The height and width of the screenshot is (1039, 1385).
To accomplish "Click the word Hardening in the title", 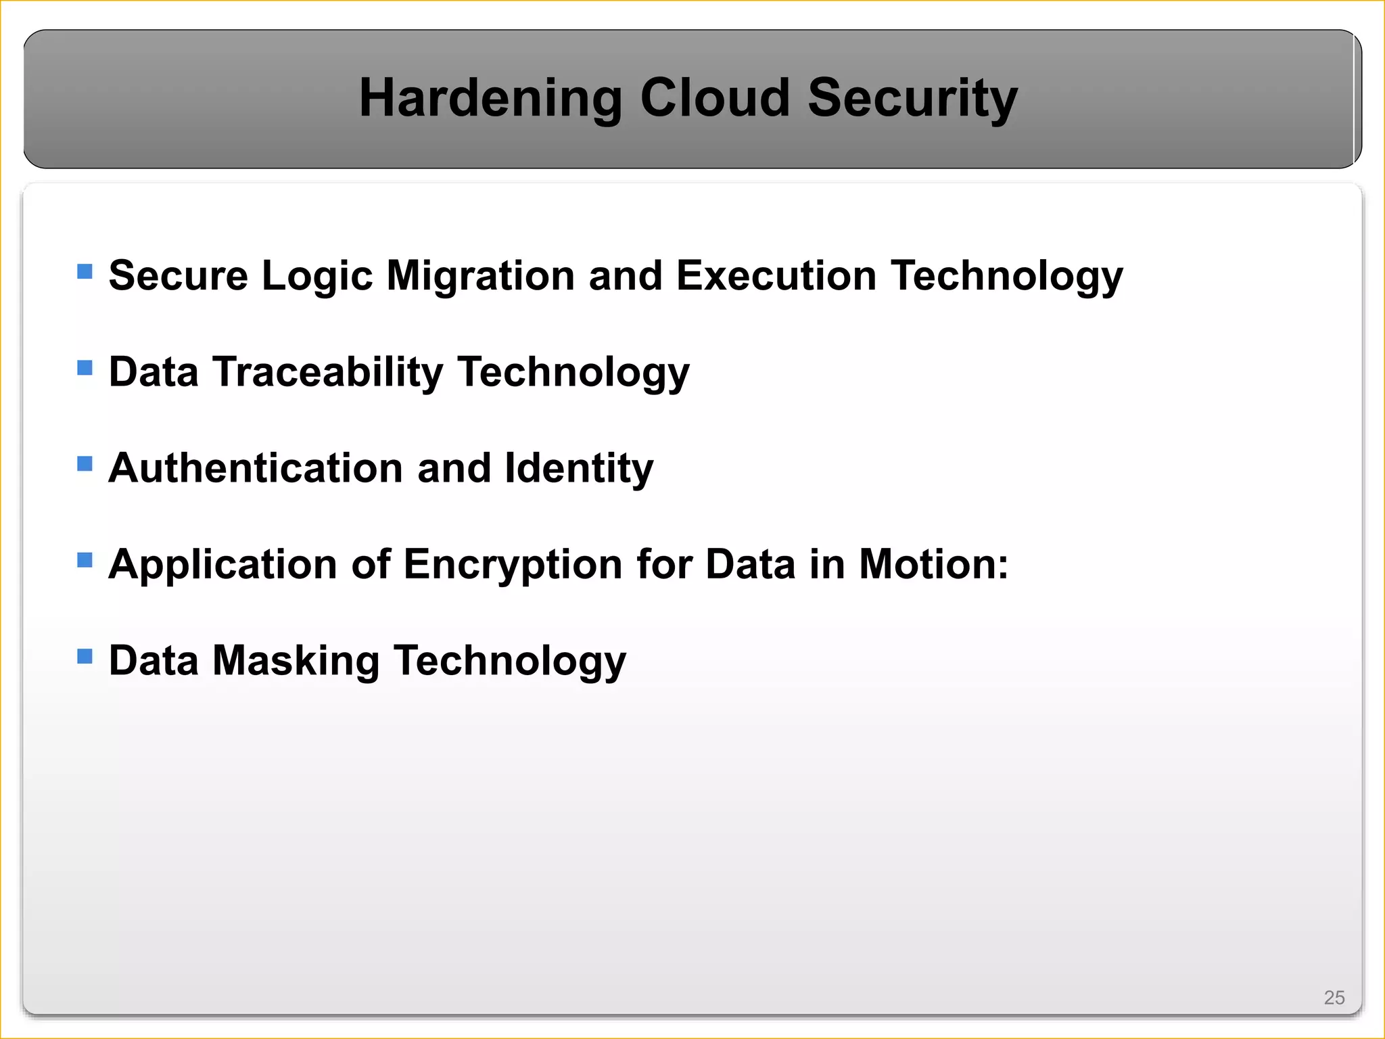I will click(x=490, y=99).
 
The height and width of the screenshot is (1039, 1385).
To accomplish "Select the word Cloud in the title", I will click(x=715, y=97).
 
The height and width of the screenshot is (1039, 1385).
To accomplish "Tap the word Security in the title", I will click(x=912, y=99).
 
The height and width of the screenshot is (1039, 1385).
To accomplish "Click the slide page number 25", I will click(x=1334, y=998).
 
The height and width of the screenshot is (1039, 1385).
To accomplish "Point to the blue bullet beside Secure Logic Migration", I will click(x=85, y=272).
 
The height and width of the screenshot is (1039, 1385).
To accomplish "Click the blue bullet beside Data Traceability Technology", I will click(x=85, y=368).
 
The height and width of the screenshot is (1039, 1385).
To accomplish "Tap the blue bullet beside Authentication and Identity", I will click(x=85, y=464).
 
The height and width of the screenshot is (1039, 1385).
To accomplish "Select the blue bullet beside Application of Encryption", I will click(x=85, y=560).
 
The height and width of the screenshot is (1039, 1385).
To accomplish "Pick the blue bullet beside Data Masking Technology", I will click(x=85, y=656).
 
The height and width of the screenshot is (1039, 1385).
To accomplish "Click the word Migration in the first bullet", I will click(x=480, y=277).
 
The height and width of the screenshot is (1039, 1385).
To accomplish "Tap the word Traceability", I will click(x=328, y=372).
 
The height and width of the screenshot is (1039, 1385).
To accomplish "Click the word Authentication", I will click(x=256, y=468).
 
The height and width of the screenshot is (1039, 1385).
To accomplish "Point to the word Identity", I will click(x=579, y=469).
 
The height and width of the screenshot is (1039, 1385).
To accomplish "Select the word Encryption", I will click(x=513, y=565).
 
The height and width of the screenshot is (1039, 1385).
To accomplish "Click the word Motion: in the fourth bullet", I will click(x=933, y=564).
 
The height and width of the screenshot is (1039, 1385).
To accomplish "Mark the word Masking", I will click(x=296, y=661).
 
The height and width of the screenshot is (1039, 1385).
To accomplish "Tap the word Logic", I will click(x=317, y=277).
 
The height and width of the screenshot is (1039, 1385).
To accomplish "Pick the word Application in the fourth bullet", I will click(x=222, y=565).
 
